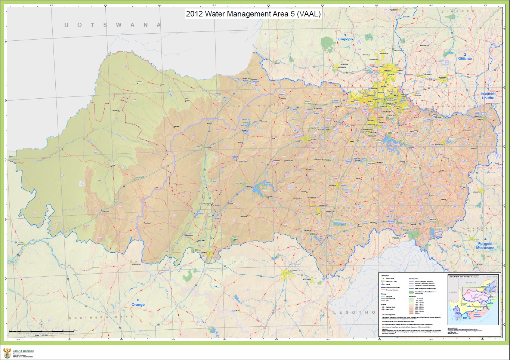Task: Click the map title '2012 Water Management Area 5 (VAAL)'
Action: click(x=253, y=14)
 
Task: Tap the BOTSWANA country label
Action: click(x=112, y=25)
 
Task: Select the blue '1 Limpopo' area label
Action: click(x=345, y=37)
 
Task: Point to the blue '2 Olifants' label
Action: click(x=465, y=56)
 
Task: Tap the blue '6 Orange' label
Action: click(x=138, y=302)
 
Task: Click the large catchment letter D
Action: click(x=81, y=183)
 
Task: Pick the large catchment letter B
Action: click(x=447, y=63)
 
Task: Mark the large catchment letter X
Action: click(x=489, y=79)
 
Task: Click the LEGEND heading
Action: click(x=384, y=276)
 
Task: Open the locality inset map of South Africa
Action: click(x=473, y=299)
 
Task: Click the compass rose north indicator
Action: click(x=41, y=323)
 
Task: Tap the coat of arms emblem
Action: click(x=7, y=353)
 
